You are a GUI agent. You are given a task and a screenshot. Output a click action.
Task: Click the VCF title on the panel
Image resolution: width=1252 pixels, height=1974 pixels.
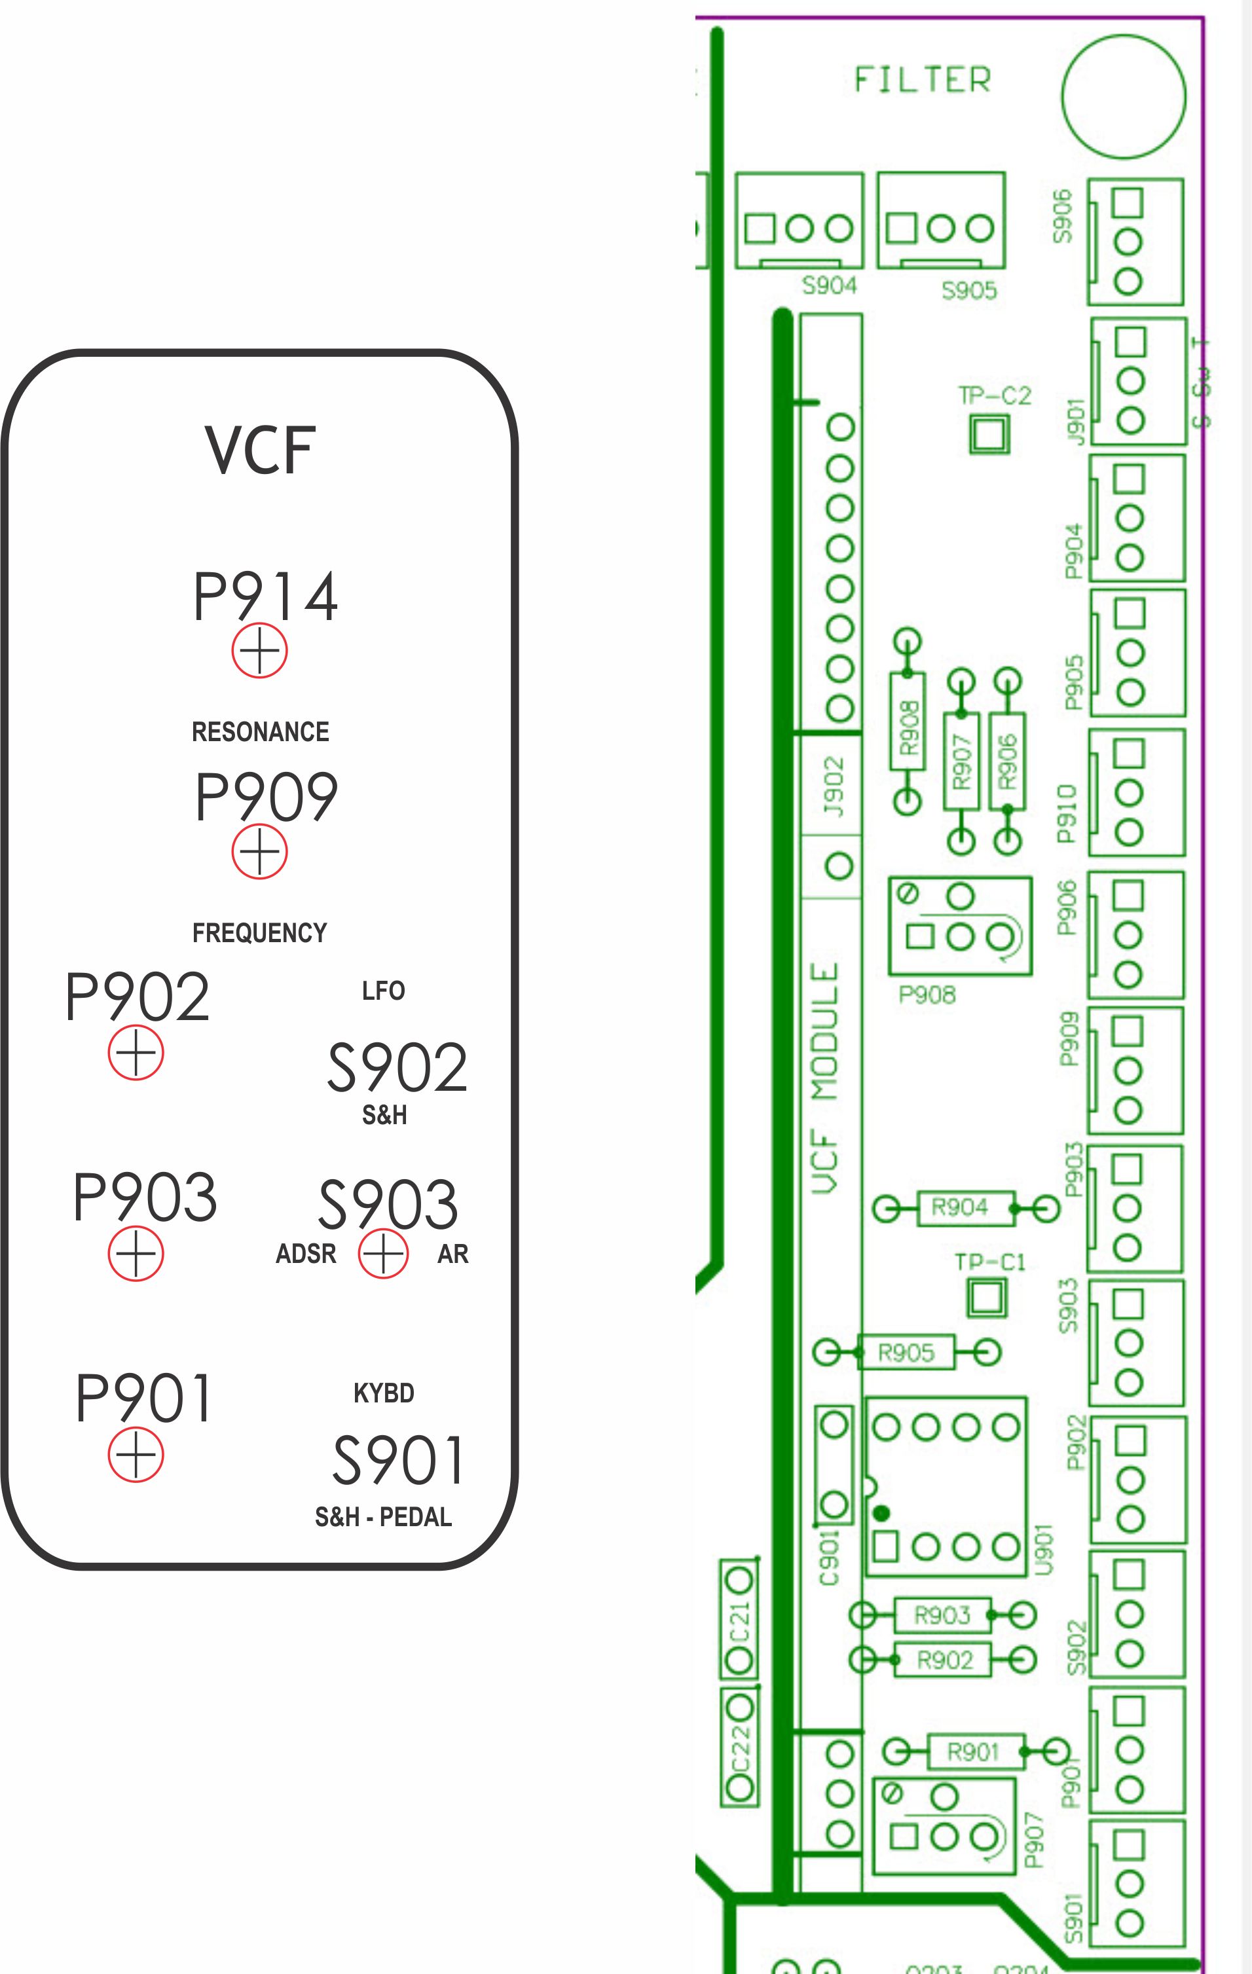click(x=260, y=449)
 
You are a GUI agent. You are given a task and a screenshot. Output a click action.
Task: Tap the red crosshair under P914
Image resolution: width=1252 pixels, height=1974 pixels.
click(x=259, y=651)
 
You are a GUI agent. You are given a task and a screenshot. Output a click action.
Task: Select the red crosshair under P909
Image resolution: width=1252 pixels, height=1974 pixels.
click(x=259, y=852)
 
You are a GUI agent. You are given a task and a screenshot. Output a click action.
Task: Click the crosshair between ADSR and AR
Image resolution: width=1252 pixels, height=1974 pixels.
click(x=383, y=1254)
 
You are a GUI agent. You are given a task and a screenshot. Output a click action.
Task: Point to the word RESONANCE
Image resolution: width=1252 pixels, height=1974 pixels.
click(x=260, y=732)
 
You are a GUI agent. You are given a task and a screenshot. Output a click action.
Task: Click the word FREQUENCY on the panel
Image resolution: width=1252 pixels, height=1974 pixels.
click(x=259, y=933)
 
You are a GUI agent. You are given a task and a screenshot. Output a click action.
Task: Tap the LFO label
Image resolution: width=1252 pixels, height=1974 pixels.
click(x=383, y=991)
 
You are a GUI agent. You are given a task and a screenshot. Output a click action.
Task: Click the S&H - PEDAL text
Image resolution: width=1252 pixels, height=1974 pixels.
click(x=383, y=1518)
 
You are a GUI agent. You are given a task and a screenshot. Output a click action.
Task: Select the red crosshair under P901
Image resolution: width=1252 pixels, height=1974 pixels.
click(x=136, y=1455)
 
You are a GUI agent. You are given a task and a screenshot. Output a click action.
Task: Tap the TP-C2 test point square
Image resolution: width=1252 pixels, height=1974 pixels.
click(x=989, y=433)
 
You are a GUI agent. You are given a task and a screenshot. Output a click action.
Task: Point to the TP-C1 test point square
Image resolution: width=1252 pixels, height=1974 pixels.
click(x=986, y=1298)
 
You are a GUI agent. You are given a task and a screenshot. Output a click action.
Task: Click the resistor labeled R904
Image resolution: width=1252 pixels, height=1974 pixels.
click(x=961, y=1207)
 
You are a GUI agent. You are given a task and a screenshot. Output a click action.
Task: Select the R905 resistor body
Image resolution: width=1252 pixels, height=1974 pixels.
click(x=906, y=1353)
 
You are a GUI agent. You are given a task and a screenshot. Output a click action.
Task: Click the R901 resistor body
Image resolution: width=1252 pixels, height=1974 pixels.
click(x=975, y=1752)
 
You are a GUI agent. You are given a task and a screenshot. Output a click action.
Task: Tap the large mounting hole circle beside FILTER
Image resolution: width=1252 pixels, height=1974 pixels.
click(x=1123, y=96)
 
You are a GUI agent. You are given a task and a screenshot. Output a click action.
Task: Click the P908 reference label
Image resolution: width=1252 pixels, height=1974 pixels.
click(x=927, y=995)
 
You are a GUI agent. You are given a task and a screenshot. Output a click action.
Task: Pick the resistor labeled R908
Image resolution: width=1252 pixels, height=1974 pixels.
click(x=908, y=721)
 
